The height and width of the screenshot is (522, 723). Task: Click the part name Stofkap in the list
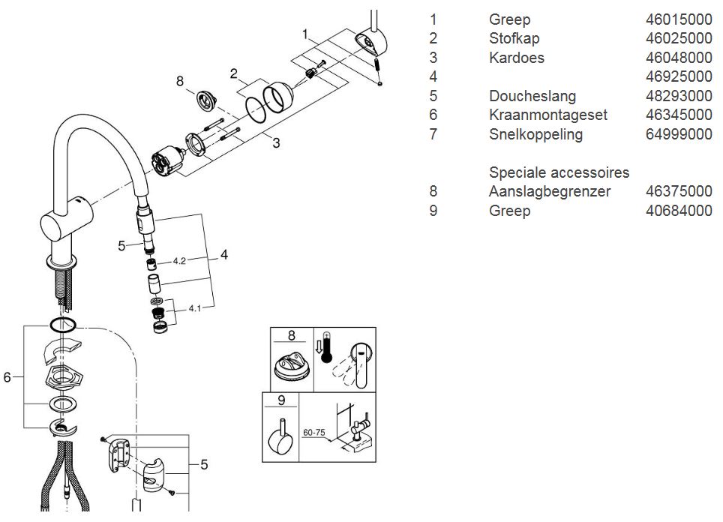pyautogui.click(x=514, y=38)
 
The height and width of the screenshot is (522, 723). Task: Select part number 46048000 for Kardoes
pyautogui.click(x=678, y=58)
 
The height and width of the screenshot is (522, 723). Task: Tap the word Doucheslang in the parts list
pyautogui.click(x=532, y=96)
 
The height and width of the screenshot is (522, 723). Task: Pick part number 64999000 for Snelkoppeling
pyautogui.click(x=678, y=134)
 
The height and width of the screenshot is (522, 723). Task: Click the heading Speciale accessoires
pyautogui.click(x=559, y=172)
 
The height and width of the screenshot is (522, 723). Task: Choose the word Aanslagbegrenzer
pyautogui.click(x=549, y=192)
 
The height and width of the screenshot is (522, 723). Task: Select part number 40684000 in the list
pyautogui.click(x=678, y=211)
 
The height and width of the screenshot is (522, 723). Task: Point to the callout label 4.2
pyautogui.click(x=179, y=261)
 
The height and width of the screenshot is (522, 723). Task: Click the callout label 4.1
pyautogui.click(x=195, y=307)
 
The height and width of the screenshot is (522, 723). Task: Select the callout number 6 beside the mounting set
pyautogui.click(x=7, y=377)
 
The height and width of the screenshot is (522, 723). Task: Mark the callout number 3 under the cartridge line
pyautogui.click(x=276, y=142)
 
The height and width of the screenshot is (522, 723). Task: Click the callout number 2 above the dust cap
pyautogui.click(x=234, y=73)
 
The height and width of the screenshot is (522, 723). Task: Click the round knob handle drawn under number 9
pyautogui.click(x=281, y=442)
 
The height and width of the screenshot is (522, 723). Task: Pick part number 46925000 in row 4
pyautogui.click(x=678, y=76)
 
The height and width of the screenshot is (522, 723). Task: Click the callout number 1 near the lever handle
pyautogui.click(x=305, y=34)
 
